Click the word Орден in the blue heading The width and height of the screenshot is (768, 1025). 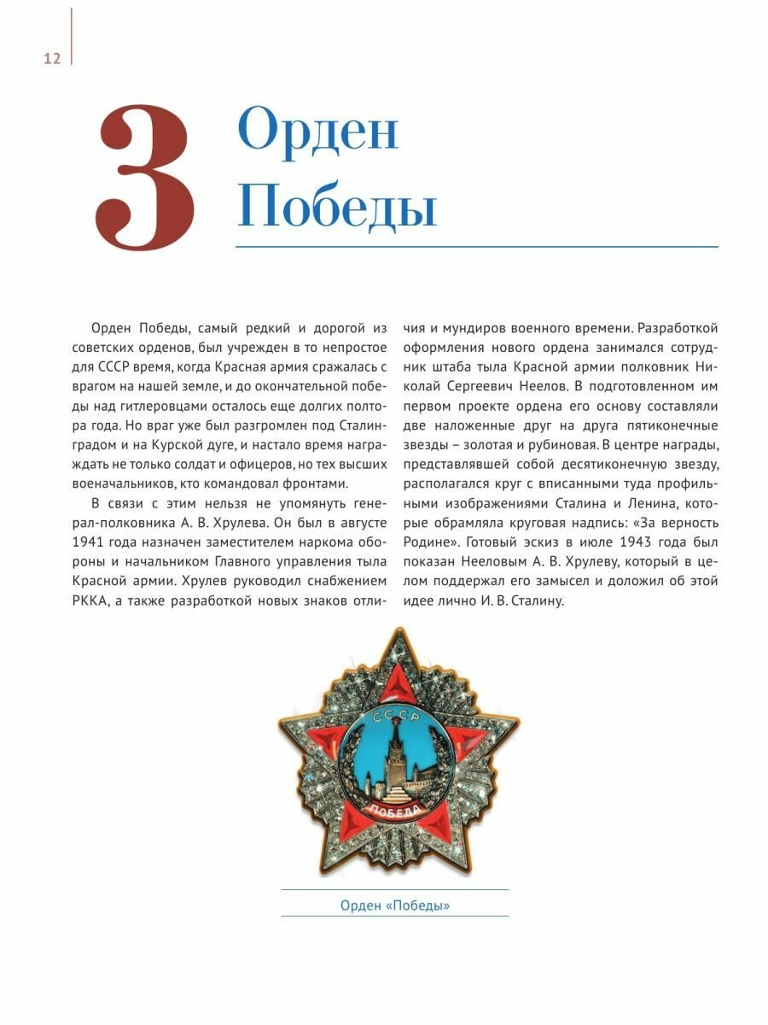(317, 131)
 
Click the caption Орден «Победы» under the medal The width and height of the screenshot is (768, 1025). (394, 905)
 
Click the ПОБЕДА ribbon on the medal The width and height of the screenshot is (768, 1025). (396, 811)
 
